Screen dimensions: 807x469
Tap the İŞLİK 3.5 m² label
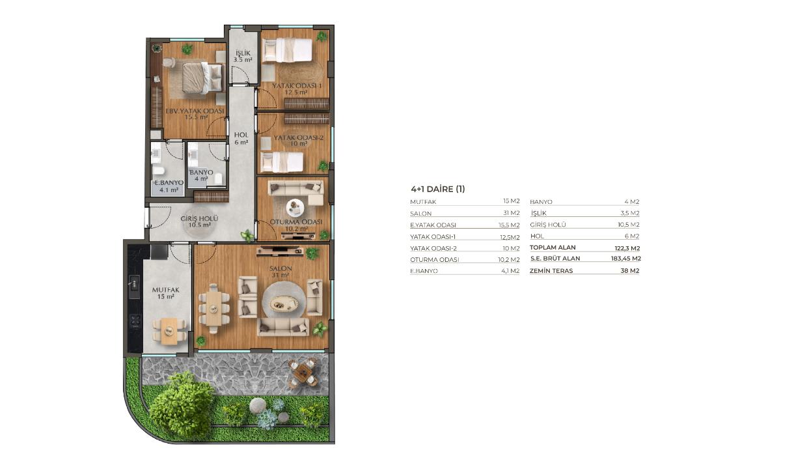(243, 56)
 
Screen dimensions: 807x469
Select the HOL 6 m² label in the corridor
(241, 139)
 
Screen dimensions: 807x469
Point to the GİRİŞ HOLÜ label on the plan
(200, 218)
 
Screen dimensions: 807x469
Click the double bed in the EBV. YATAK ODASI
(201, 78)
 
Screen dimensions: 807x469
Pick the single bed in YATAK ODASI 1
(288, 50)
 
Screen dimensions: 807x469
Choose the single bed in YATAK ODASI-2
(282, 162)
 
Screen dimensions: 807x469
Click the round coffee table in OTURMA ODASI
(295, 208)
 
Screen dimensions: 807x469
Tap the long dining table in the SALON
(214, 308)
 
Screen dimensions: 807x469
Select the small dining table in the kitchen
(169, 330)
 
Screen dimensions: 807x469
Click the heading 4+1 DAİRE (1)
(438, 189)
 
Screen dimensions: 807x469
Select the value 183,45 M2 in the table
(626, 259)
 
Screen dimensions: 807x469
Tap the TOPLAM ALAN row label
(553, 248)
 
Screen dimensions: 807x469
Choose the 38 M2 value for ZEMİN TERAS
(630, 271)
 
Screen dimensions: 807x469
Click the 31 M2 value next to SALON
(512, 213)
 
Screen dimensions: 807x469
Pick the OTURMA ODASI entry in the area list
(435, 259)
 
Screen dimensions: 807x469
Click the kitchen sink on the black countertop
(134, 283)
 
